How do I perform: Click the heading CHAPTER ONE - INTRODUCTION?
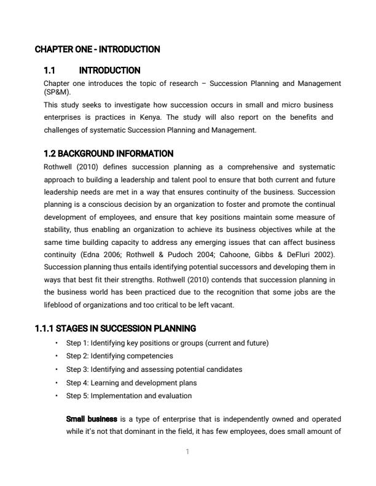pos(97,49)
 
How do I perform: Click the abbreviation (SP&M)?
pos(58,91)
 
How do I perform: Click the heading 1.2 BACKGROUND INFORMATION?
pos(108,153)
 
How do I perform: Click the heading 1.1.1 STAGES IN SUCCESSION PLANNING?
pos(116,328)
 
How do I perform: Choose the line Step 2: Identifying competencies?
pos(119,356)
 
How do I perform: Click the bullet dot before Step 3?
pos(57,369)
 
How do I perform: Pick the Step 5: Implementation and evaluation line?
pos(128,396)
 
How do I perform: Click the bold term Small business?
pos(91,419)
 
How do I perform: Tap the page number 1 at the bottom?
pos(187,452)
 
